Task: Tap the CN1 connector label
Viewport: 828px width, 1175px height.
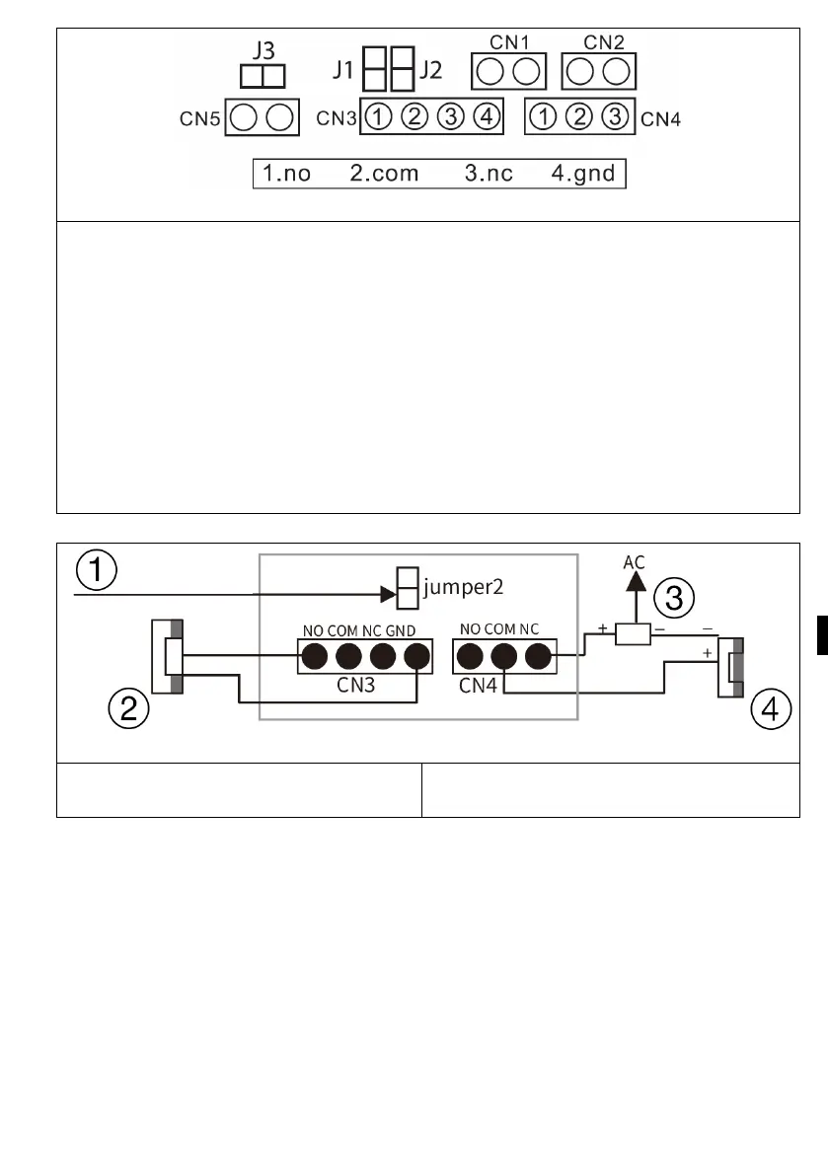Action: pos(510,42)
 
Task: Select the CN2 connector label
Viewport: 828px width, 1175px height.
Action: pos(603,42)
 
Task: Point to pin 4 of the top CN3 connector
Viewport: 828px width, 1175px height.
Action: pos(486,118)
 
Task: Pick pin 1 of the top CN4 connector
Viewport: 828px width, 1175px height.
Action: pos(542,118)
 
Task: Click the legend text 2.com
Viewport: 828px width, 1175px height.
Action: pos(384,175)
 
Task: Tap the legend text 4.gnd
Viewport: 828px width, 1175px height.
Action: pos(582,175)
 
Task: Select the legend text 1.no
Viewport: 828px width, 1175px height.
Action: pos(286,175)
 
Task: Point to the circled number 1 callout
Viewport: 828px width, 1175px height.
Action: pos(99,571)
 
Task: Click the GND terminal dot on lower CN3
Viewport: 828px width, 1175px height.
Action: pos(418,655)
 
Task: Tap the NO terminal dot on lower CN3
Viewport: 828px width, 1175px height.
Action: pos(315,655)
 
